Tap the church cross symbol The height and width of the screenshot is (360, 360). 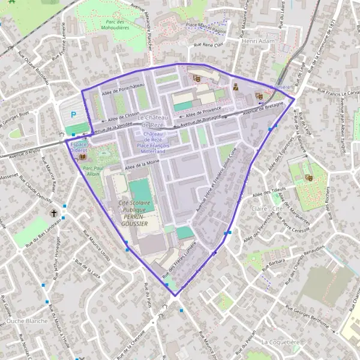click(53, 213)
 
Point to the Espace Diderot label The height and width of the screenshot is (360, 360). click(78, 148)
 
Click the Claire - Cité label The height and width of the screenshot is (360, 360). click(268, 208)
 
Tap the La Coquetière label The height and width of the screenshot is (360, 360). click(281, 341)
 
